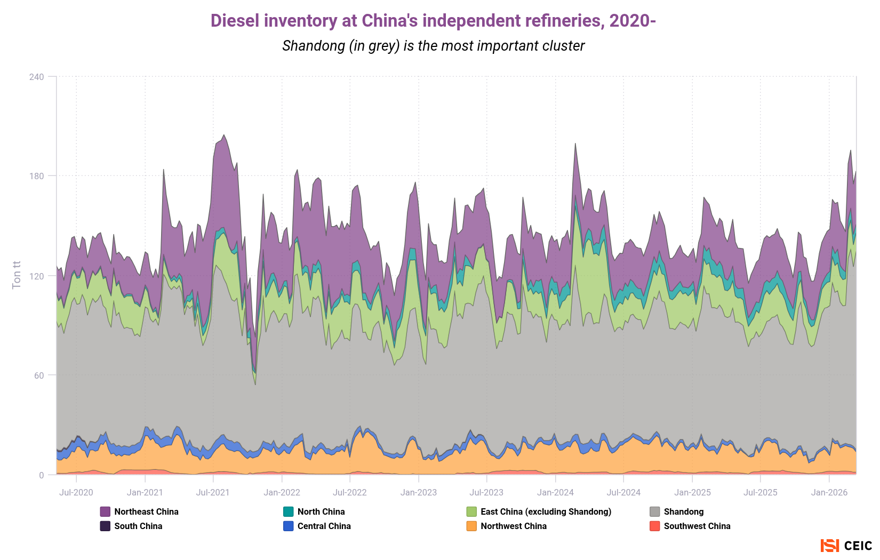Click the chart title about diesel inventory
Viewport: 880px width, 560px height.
pos(433,21)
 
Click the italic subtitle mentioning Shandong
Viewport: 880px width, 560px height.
pos(433,46)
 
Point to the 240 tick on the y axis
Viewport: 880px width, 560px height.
pos(37,77)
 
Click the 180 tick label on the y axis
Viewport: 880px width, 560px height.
pos(37,176)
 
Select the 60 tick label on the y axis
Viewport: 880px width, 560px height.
pos(39,375)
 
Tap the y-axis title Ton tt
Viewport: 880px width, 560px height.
pos(17,275)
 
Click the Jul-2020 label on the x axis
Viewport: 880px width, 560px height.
pos(76,492)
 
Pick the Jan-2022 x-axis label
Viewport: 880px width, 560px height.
pos(282,492)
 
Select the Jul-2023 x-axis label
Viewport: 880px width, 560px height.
pos(486,492)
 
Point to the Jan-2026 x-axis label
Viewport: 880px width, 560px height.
pos(829,492)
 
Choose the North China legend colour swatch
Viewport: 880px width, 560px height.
pos(289,511)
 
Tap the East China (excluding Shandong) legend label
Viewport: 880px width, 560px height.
pos(546,511)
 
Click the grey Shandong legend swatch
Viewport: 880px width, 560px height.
pos(655,511)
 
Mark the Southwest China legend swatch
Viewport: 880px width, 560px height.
pos(655,526)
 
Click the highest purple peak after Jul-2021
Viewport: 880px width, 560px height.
pos(223,135)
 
